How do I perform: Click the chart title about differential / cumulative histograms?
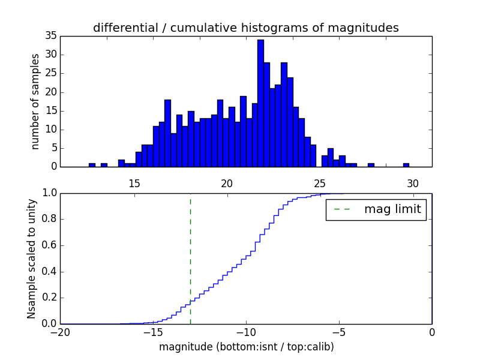(245, 28)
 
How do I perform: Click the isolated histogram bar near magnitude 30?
(406, 165)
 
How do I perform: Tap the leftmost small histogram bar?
(92, 165)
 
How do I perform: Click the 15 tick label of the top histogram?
(134, 183)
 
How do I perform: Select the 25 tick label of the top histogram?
(320, 183)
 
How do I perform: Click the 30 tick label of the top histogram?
(413, 183)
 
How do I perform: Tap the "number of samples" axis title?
(35, 101)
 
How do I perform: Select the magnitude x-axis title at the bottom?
(246, 347)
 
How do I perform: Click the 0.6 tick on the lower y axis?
(49, 245)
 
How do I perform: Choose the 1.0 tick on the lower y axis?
(49, 193)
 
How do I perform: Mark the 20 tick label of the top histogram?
(227, 183)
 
